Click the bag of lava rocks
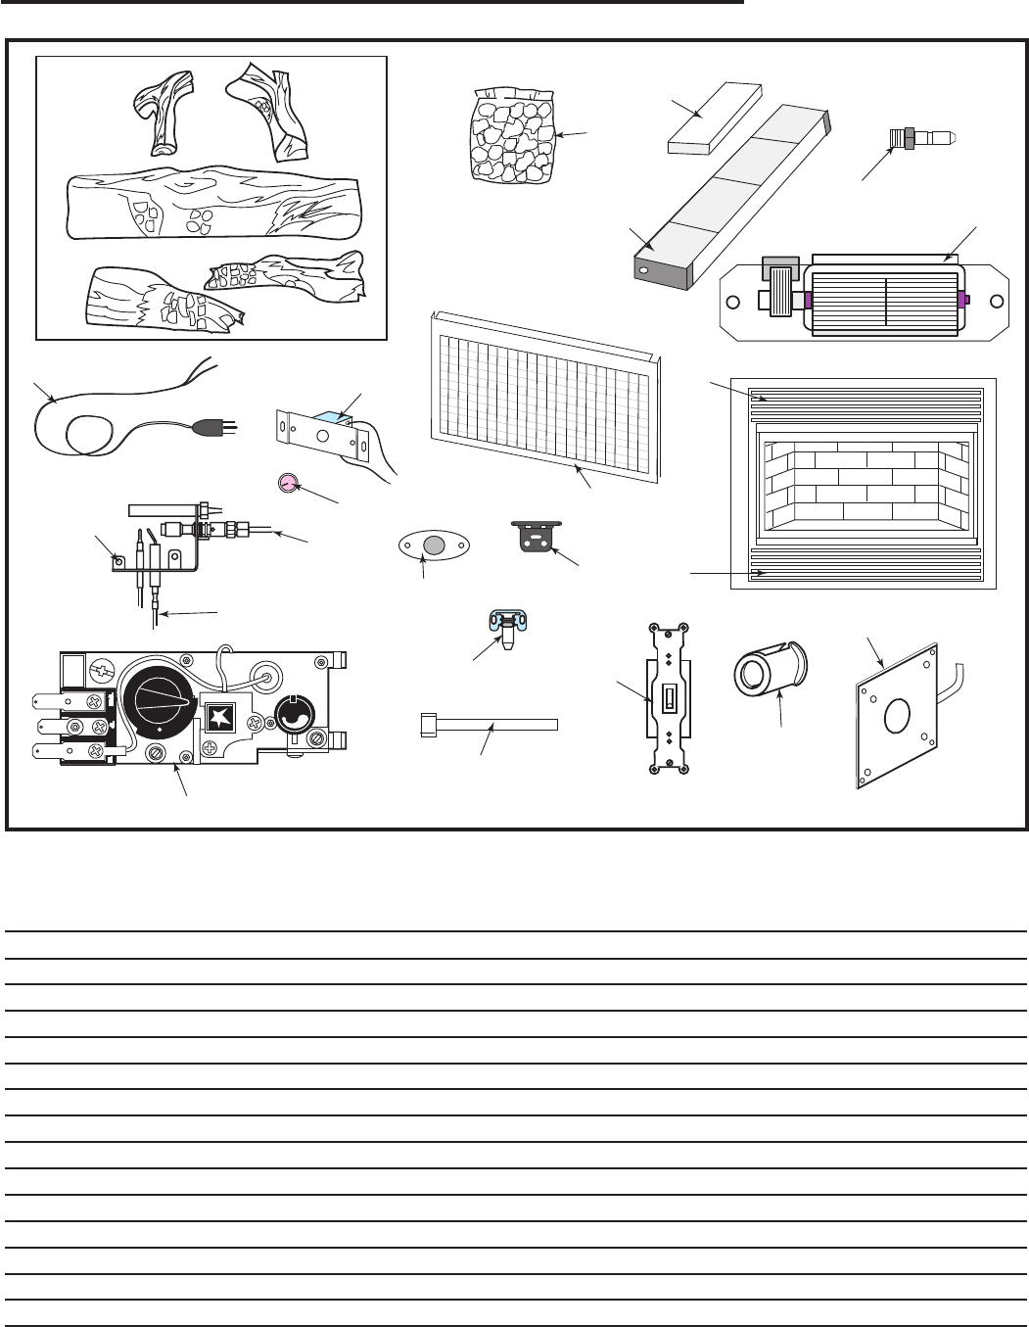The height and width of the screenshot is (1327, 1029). click(510, 137)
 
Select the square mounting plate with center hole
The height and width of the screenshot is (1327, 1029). click(895, 718)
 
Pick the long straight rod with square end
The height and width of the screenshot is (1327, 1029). click(489, 724)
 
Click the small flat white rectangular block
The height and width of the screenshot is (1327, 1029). click(713, 116)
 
